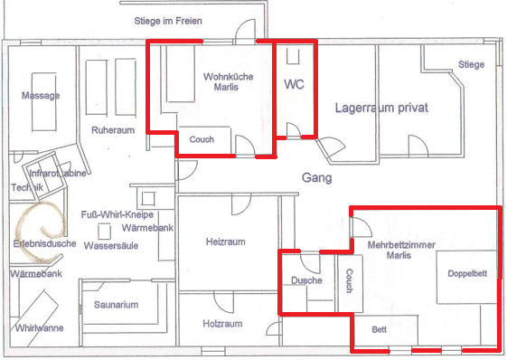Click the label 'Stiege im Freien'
[168, 21]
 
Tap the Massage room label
[41, 96]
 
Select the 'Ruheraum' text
[113, 130]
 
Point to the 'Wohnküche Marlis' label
[229, 82]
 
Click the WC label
[294, 84]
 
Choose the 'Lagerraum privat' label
[381, 108]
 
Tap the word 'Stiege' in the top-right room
[471, 64]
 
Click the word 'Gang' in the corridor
[317, 177]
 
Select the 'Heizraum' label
[226, 242]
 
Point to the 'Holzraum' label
[222, 324]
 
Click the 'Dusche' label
[306, 280]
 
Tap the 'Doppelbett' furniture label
[467, 273]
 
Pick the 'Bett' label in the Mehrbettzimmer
[380, 329]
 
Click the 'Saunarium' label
[116, 305]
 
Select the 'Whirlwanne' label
[39, 328]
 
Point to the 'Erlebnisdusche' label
[44, 243]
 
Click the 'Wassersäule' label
[111, 246]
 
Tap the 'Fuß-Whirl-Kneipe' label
[117, 214]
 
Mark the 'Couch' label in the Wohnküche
[202, 139]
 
